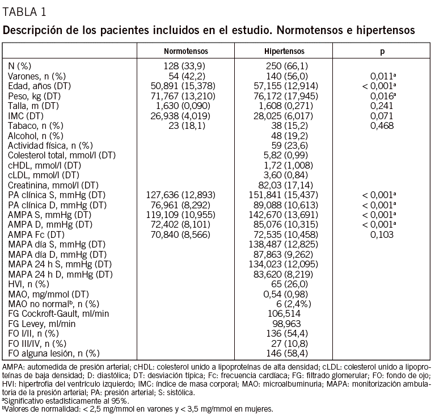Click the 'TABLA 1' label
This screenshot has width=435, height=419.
pos(25,11)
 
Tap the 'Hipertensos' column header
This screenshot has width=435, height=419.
pos(284,51)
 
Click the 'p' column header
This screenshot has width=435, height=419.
pos(382,51)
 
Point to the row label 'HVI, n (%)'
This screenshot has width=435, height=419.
pos(29,283)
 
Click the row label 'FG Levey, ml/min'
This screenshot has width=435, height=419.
pos(41,323)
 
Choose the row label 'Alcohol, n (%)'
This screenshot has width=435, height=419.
pos(35,136)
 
